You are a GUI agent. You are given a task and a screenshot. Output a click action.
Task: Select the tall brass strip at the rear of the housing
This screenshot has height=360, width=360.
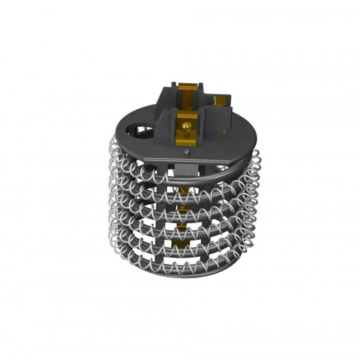[x=190, y=96]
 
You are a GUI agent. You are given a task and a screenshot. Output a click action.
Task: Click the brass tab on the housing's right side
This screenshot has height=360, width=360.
[x=226, y=100]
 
